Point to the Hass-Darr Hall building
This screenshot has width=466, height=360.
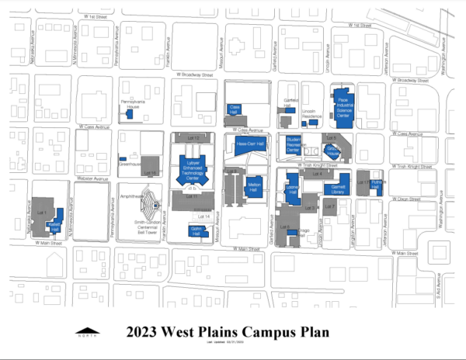(x=251, y=144)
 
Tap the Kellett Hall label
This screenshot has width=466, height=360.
(x=54, y=223)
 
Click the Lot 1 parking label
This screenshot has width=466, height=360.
(x=43, y=212)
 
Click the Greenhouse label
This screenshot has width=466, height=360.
(x=127, y=164)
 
